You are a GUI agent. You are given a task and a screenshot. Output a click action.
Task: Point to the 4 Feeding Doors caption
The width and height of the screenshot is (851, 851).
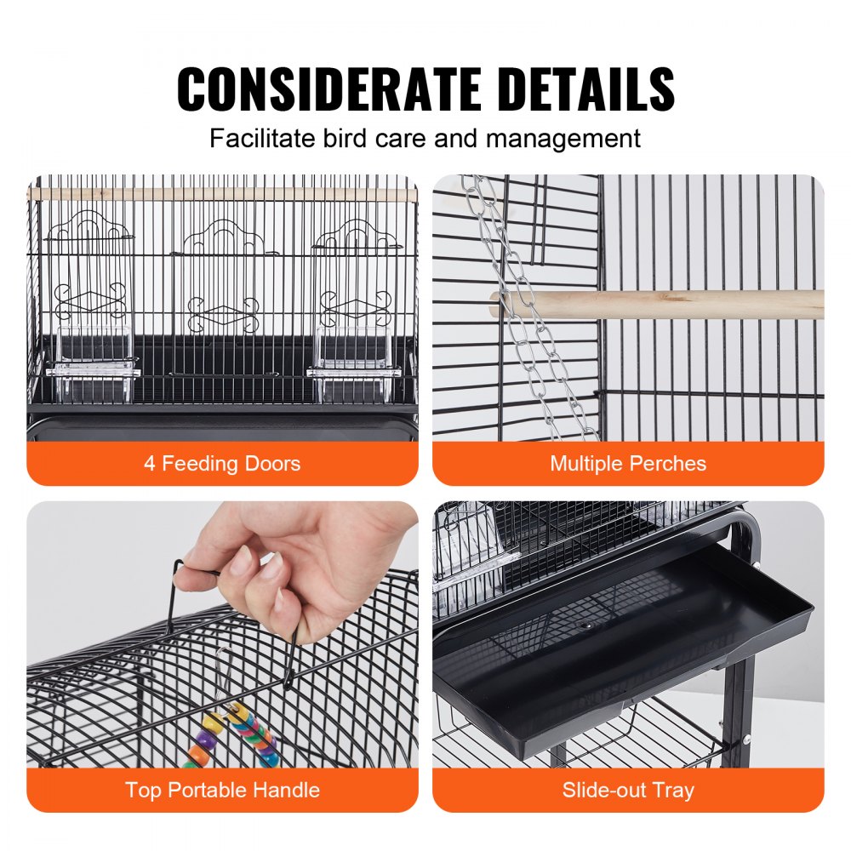click(x=222, y=464)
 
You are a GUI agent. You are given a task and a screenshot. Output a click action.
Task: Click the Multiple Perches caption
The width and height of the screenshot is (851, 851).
click(x=628, y=464)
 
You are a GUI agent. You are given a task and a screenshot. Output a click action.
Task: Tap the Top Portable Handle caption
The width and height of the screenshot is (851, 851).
click(x=222, y=790)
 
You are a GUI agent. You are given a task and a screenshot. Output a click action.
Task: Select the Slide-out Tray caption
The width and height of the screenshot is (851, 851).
click(x=628, y=790)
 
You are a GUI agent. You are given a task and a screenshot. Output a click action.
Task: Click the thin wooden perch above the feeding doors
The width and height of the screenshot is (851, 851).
click(x=222, y=195)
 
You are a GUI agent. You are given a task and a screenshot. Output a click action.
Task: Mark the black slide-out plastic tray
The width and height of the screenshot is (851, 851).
click(x=621, y=647)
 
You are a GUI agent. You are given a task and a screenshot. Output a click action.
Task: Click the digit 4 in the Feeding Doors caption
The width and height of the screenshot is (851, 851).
click(x=150, y=464)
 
